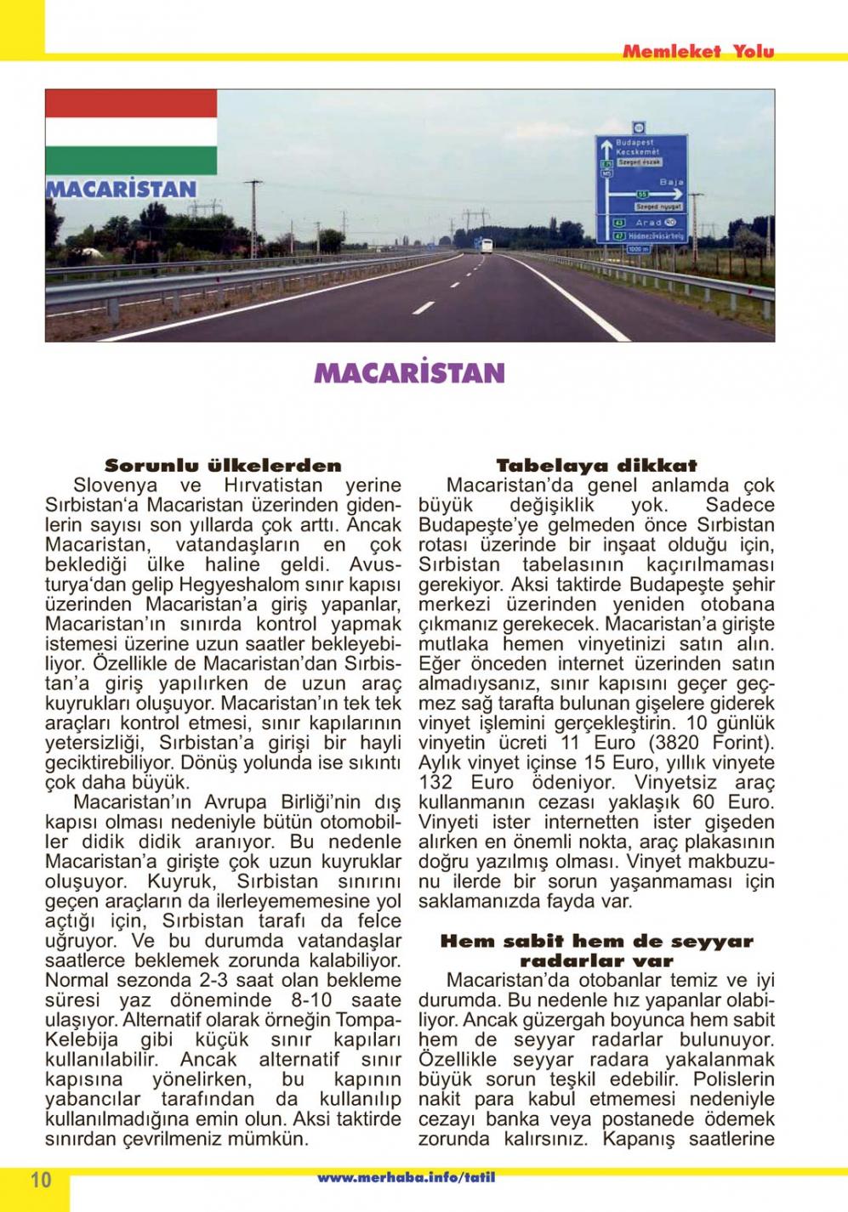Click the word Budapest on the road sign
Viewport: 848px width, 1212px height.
[635, 143]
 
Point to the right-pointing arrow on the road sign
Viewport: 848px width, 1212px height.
[660, 195]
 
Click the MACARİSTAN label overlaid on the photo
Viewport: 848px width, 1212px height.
[121, 189]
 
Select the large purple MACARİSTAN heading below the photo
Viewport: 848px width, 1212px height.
[409, 372]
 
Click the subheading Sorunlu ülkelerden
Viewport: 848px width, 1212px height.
[223, 466]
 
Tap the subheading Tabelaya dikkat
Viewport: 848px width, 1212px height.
[596, 466]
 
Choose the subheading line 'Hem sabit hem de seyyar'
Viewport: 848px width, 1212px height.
[596, 942]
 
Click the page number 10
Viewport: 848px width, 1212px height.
[40, 1180]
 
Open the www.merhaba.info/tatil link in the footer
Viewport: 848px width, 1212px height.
[406, 1178]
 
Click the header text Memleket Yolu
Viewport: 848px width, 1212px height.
[697, 52]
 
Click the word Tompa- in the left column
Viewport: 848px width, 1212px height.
[368, 1020]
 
